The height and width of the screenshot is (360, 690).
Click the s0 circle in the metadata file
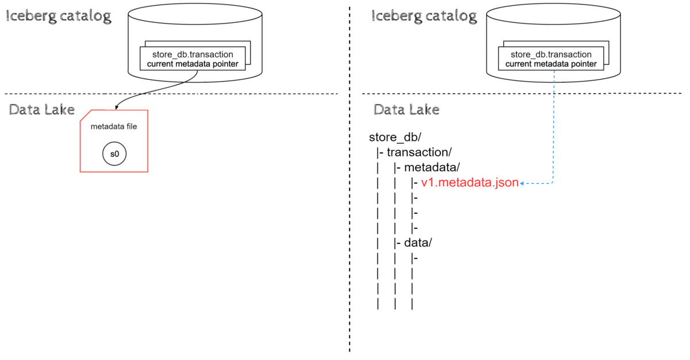[114, 154]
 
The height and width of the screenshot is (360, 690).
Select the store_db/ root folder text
[396, 138]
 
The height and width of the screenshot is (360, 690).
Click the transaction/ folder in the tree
[419, 152]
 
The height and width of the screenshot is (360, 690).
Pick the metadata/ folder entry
[432, 167]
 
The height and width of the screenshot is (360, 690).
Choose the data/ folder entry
[418, 242]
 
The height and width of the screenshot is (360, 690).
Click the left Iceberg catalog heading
[58, 16]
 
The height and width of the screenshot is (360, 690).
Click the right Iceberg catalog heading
[424, 16]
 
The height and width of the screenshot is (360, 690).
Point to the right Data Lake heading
[407, 109]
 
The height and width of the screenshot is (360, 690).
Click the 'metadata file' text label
[114, 127]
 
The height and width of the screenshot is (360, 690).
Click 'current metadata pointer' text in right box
[550, 64]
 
